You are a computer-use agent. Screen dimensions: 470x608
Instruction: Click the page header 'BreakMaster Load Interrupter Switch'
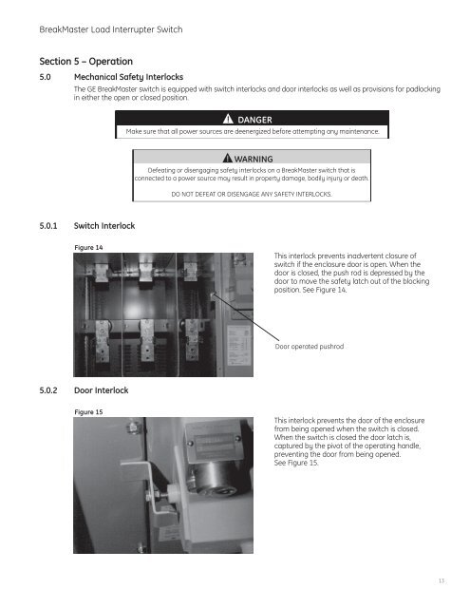[x=111, y=29]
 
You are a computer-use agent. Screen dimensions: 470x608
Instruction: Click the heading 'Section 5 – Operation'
[x=86, y=61]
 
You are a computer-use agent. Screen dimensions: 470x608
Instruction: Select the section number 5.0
[x=45, y=77]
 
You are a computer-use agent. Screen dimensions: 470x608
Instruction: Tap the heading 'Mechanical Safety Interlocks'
[x=128, y=77]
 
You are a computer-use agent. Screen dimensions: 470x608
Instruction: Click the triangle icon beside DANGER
[x=228, y=119]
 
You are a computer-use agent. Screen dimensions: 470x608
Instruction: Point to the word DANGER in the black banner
[x=254, y=120]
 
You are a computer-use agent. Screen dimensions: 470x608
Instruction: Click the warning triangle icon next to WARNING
[x=228, y=158]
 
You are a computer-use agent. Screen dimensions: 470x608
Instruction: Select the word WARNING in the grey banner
[x=254, y=159]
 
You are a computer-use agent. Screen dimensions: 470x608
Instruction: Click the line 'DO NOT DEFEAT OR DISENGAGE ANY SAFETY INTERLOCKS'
[x=252, y=194]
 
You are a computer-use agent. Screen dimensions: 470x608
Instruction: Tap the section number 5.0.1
[x=48, y=226]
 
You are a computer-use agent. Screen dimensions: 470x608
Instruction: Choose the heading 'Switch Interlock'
[x=104, y=226]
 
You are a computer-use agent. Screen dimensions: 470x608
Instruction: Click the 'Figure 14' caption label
[x=88, y=247]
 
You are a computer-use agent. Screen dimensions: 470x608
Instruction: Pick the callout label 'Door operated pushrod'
[x=310, y=346]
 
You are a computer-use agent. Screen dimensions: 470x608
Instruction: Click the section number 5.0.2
[x=48, y=390]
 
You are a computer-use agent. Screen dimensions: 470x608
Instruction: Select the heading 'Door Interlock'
[x=102, y=390]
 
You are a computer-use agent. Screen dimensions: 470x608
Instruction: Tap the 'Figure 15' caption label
[x=88, y=411]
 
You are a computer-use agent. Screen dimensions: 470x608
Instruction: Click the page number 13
[x=442, y=580]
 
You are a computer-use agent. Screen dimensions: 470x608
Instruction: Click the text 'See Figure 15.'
[x=296, y=463]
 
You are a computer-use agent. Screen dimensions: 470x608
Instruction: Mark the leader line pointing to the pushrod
[x=246, y=317]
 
